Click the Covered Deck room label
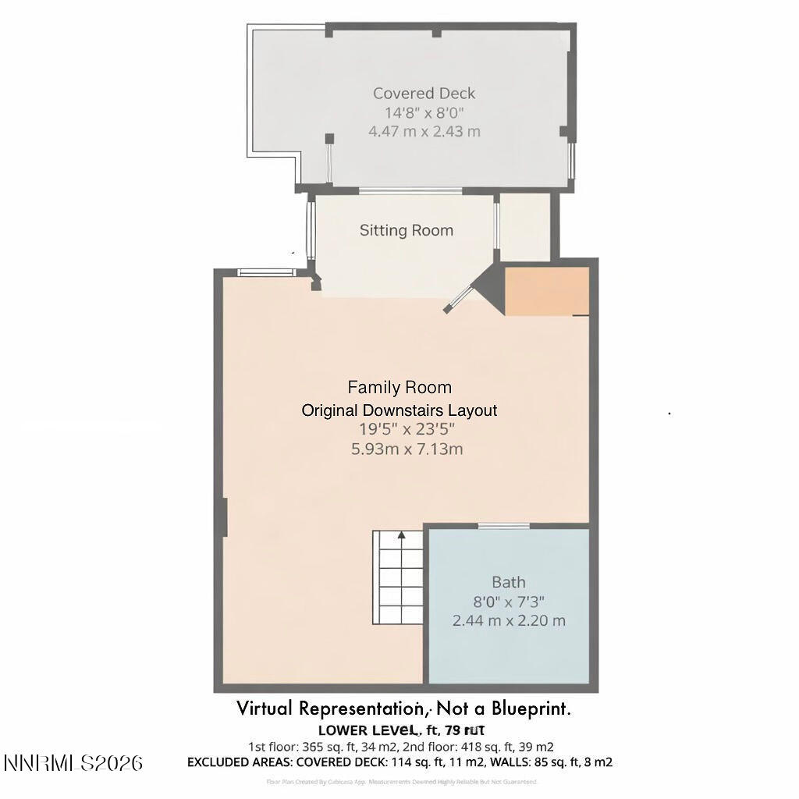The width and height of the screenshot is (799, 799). (424, 93)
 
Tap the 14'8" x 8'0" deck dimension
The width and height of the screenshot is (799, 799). (424, 112)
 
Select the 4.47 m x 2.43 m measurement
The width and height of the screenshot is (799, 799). (424, 131)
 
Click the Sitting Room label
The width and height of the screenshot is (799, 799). (406, 230)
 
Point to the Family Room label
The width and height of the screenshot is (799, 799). (399, 387)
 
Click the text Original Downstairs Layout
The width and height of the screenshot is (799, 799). (399, 410)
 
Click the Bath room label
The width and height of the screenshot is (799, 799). (508, 582)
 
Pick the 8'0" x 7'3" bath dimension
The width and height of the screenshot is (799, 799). (508, 602)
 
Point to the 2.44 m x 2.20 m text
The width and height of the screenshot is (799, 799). (508, 621)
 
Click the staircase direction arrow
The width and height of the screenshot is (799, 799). (401, 535)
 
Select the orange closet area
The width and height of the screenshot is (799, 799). (547, 291)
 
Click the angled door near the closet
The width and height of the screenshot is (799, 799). (460, 299)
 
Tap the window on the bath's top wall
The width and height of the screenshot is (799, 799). (503, 526)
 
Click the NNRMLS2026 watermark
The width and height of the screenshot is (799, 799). (73, 762)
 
